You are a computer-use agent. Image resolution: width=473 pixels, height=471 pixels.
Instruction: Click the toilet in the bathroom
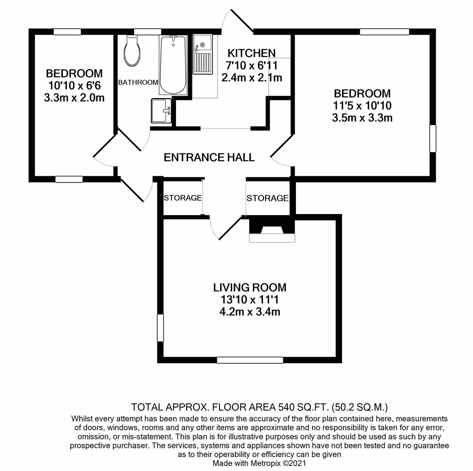132,51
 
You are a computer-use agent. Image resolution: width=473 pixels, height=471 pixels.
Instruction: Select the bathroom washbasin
161,111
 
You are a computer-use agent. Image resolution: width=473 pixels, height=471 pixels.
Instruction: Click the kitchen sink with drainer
203,54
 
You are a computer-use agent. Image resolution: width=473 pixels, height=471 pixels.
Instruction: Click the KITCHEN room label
251,53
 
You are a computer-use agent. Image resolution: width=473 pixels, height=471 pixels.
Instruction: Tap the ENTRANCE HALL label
209,158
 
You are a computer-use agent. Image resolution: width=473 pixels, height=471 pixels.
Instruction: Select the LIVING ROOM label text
250,288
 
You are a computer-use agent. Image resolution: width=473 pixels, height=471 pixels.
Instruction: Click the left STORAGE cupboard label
183,198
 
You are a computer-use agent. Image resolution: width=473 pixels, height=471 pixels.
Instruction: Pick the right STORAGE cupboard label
267,198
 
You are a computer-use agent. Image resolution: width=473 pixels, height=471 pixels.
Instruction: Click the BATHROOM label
138,82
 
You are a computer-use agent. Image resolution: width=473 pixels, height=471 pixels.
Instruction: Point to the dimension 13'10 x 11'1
250,300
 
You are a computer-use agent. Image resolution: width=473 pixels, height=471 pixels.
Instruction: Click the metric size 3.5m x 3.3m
362,118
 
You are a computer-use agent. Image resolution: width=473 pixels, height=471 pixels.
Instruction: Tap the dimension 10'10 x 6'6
74,86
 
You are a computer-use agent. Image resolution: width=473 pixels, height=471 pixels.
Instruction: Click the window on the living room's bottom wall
250,360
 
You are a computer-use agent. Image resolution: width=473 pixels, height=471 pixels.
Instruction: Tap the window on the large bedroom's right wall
433,139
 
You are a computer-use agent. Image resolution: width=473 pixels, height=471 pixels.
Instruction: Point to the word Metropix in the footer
265,463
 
